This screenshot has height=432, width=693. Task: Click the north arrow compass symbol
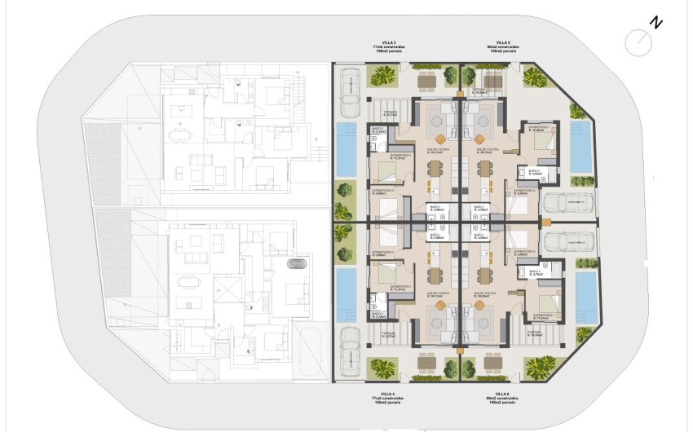pyautogui.click(x=638, y=39)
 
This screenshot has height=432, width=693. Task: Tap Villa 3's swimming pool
pyautogui.click(x=346, y=150)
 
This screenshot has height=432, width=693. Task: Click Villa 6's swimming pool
pyautogui.click(x=585, y=298)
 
